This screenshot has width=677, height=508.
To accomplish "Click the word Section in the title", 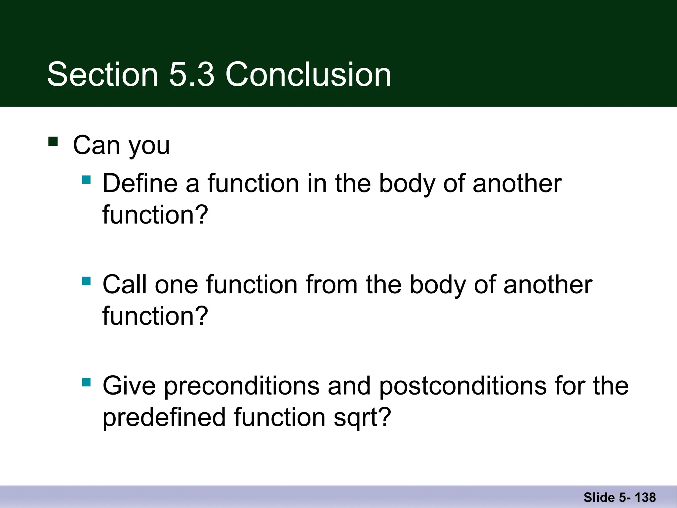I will click(x=102, y=75).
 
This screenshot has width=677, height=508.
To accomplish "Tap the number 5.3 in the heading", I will click(x=192, y=75).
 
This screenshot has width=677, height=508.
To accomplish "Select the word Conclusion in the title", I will click(x=308, y=75).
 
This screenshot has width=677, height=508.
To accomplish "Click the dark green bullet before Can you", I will click(x=53, y=141).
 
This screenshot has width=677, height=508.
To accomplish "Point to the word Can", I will click(x=96, y=145).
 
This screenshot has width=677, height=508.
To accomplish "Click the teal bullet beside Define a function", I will click(x=86, y=180).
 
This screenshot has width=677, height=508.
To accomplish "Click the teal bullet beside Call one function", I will click(x=86, y=281).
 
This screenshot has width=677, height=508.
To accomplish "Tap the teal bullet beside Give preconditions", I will click(x=86, y=382).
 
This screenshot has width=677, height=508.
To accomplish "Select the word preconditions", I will click(x=242, y=386).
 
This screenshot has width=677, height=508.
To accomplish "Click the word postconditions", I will click(x=463, y=386).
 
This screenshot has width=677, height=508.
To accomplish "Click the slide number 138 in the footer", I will click(x=645, y=497).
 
